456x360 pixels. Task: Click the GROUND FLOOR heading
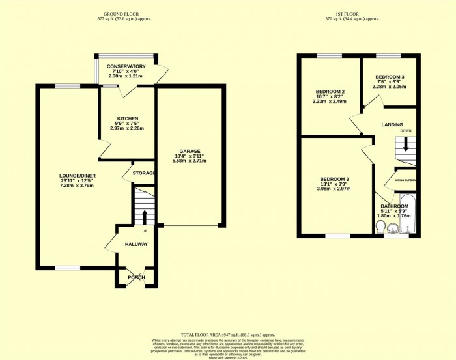tap(127, 13)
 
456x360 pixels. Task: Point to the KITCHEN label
tap(127, 118)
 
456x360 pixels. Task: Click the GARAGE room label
tap(190, 151)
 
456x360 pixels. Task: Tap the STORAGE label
tap(143, 173)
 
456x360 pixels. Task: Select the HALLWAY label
tap(137, 244)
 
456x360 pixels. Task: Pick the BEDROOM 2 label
tap(330, 92)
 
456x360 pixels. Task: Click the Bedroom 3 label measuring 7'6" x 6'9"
tap(389, 76)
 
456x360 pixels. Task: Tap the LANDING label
tap(392, 124)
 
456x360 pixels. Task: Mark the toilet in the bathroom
tap(380, 226)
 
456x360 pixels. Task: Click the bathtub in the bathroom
tap(407, 214)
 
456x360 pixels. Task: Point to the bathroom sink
tap(393, 228)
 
